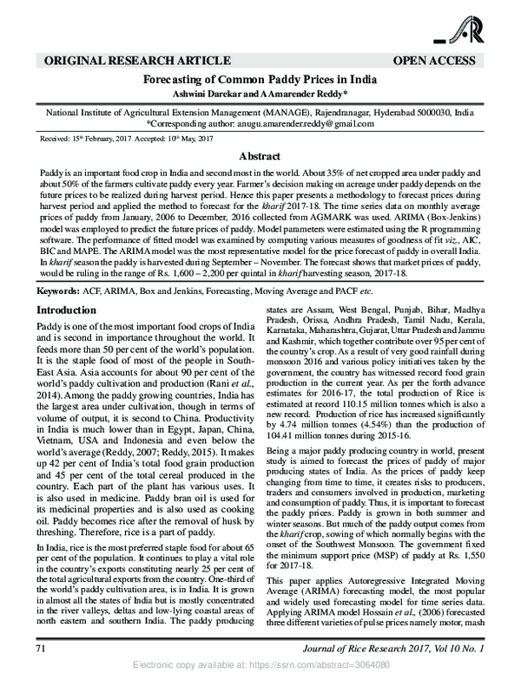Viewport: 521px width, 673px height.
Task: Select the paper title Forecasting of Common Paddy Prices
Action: coord(260,78)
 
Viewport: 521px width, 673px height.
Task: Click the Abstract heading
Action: coord(260,157)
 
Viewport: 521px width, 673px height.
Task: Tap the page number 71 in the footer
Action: coord(40,648)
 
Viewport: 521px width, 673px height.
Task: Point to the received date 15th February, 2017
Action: coord(89,139)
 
